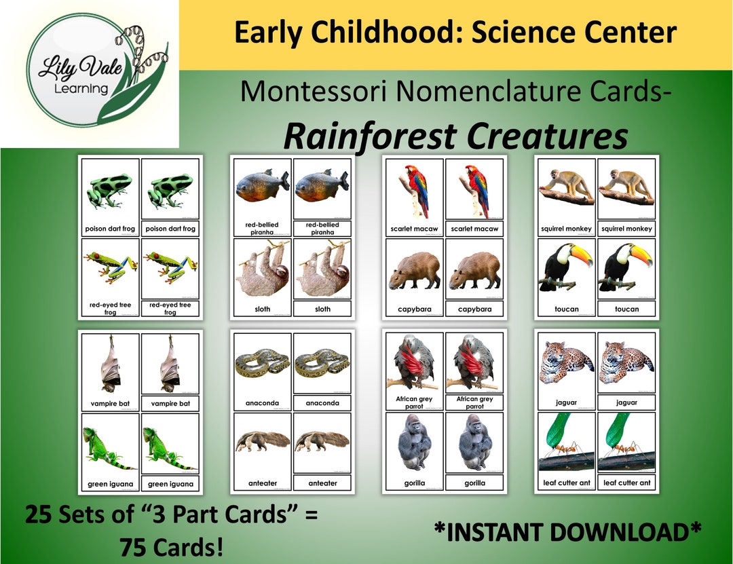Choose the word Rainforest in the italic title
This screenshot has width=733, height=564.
tap(369, 136)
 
